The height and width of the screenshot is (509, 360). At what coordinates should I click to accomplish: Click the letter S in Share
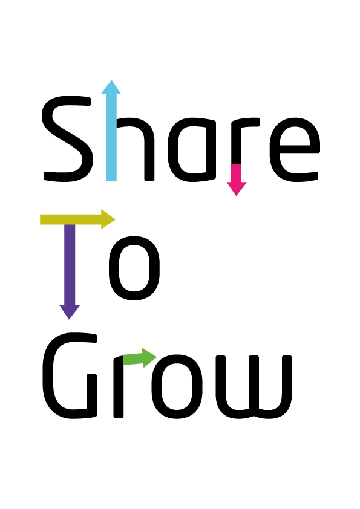click(67, 139)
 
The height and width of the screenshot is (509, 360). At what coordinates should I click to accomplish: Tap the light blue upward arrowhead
click(111, 87)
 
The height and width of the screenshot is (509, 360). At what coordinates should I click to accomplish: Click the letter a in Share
click(192, 150)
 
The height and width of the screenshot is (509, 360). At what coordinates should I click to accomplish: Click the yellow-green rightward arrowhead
click(108, 219)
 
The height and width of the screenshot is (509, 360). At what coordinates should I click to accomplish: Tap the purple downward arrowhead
click(70, 313)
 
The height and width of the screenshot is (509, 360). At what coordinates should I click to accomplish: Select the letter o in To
click(134, 268)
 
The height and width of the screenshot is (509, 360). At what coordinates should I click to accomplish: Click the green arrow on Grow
click(140, 358)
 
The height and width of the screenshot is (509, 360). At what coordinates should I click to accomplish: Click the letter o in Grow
click(177, 386)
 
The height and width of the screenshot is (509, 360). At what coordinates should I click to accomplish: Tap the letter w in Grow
click(254, 387)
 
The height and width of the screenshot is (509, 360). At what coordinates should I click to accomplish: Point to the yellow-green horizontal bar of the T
click(71, 219)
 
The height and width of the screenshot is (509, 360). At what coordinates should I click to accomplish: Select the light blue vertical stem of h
click(111, 137)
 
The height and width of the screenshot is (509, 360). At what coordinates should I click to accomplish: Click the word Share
click(181, 138)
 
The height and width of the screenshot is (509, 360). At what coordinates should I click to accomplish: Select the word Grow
click(167, 375)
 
